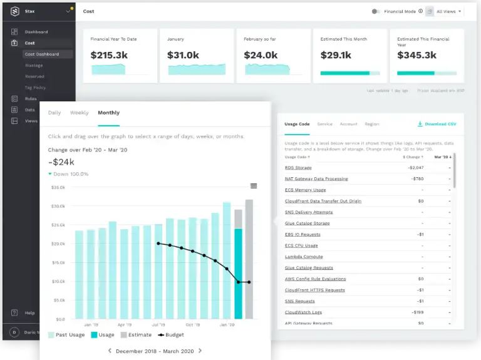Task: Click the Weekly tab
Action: (x=79, y=113)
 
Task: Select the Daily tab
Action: (x=54, y=113)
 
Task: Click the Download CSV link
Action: (x=437, y=124)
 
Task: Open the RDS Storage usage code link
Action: (x=297, y=168)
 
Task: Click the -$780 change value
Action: (x=417, y=179)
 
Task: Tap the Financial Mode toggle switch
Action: (x=375, y=11)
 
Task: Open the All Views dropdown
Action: (x=448, y=11)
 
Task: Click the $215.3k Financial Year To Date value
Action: (x=109, y=55)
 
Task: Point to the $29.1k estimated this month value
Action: (x=336, y=55)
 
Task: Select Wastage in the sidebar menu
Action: (x=34, y=65)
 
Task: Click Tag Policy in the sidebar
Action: (x=35, y=88)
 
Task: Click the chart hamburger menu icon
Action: (x=254, y=186)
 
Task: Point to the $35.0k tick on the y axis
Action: (x=58, y=187)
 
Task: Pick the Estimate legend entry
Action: (x=136, y=335)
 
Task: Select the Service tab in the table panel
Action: (x=324, y=124)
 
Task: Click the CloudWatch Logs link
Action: (x=303, y=312)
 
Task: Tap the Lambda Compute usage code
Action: (x=304, y=257)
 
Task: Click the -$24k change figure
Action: (x=61, y=162)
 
